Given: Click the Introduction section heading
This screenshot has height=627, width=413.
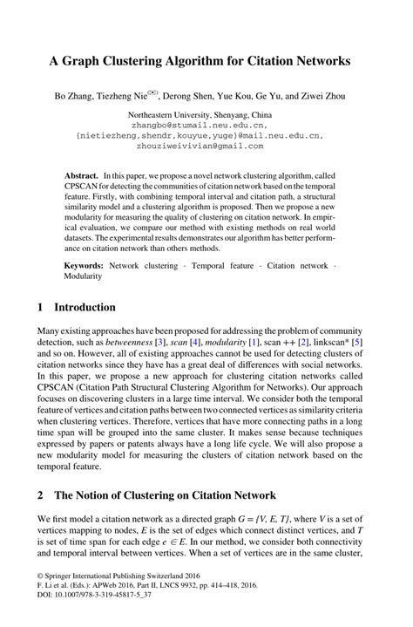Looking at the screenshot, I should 85,308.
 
